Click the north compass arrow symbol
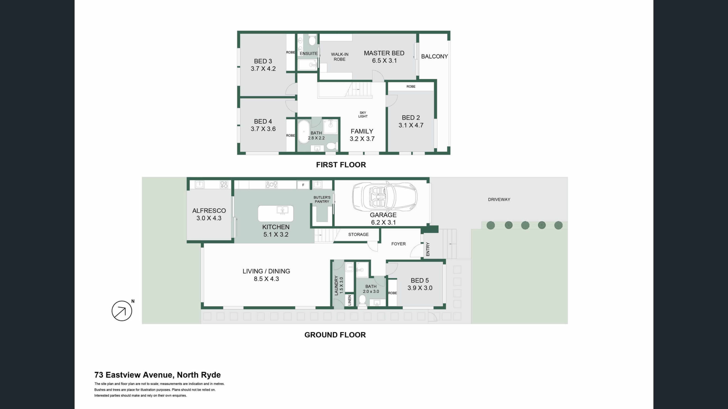pos(122,311)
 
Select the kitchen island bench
pos(276,213)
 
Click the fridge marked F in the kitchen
pos(303,185)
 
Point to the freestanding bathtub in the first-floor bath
pos(304,132)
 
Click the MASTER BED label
pos(384,53)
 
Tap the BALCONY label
pos(434,56)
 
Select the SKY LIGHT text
pos(363,114)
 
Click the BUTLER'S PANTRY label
pos(322,199)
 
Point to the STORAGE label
pos(358,234)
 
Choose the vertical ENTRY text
pos(428,249)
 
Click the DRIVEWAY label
pos(499,199)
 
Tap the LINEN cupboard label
pos(349,300)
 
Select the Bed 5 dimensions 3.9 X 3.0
pos(420,288)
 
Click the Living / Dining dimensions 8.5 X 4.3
pos(266,279)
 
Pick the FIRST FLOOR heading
pos(341,165)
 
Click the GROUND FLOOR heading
pos(335,335)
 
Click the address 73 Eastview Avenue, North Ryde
pos(158,375)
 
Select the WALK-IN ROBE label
pos(340,57)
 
